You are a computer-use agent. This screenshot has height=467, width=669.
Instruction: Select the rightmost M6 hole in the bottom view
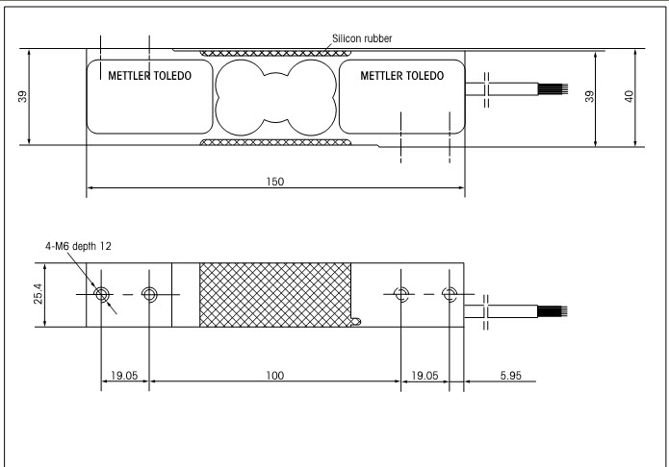(448, 293)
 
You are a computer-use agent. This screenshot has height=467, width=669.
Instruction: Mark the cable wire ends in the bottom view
(558, 310)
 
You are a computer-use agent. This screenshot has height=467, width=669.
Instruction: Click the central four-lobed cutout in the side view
(274, 96)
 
